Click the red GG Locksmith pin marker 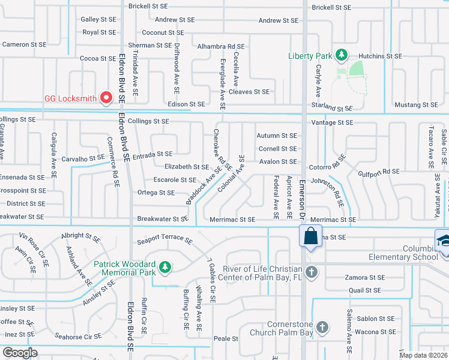pyautogui.click(x=107, y=97)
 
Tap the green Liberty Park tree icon pyautogui.click(x=342, y=56)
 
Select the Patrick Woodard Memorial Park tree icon pyautogui.click(x=163, y=266)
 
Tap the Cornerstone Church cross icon pyautogui.click(x=322, y=328)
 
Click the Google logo pyautogui.click(x=20, y=353)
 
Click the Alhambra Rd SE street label pyautogui.click(x=221, y=46)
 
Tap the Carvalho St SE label pyautogui.click(x=83, y=158)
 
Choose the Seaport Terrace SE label pyautogui.click(x=164, y=241)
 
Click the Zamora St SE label pyautogui.click(x=364, y=278)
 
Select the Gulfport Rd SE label pyautogui.click(x=379, y=172)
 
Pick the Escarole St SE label pyautogui.click(x=175, y=179)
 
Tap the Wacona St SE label pyautogui.click(x=375, y=332)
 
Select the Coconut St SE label pyautogui.click(x=163, y=32)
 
